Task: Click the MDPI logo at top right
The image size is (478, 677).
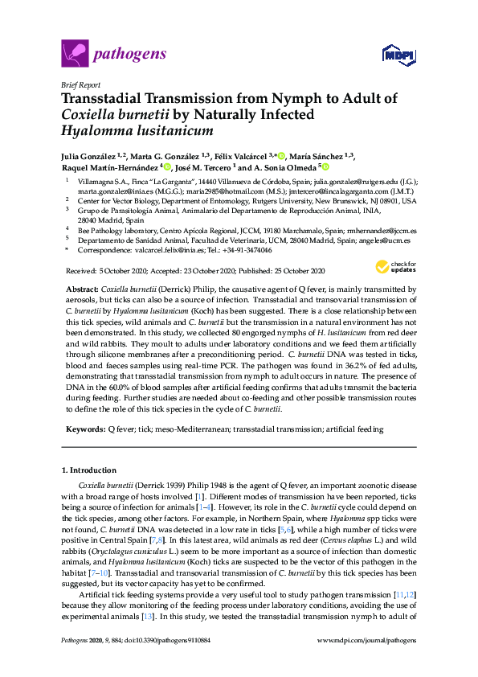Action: click(399, 55)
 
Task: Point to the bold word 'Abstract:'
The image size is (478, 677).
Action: click(81, 288)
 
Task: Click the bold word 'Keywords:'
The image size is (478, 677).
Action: click(84, 430)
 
